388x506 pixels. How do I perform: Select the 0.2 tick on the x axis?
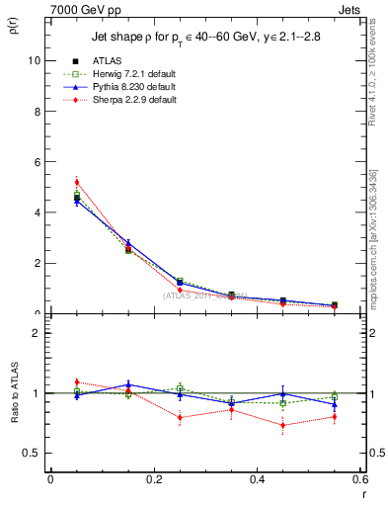[153, 480]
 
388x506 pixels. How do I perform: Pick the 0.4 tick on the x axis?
[257, 480]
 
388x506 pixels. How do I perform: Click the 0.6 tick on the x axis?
[359, 480]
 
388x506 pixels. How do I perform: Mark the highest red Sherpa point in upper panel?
[77, 182]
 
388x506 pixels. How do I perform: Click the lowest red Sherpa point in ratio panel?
[283, 426]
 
